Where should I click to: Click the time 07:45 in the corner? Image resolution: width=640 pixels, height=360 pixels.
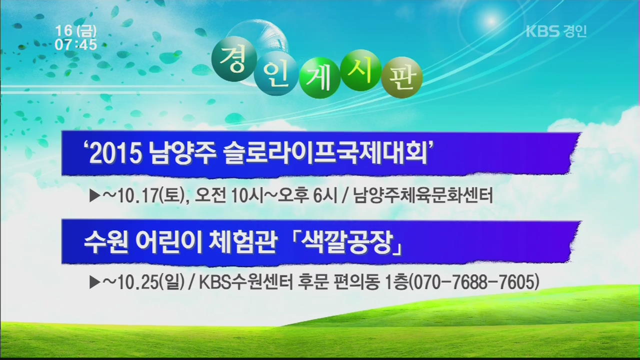[76, 45]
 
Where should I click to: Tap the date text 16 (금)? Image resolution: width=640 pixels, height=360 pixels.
[76, 31]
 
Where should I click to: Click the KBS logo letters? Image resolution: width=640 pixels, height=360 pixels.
[542, 31]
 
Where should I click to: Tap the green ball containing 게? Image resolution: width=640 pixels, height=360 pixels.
[319, 78]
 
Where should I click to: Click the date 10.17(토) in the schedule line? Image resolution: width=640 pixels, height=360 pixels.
[150, 196]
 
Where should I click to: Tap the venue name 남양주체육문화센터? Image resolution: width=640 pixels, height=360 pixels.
[423, 195]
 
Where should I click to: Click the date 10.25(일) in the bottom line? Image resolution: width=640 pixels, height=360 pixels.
[150, 282]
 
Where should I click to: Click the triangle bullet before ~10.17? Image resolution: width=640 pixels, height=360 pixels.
[95, 196]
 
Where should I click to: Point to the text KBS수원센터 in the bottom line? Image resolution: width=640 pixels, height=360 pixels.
[246, 282]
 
